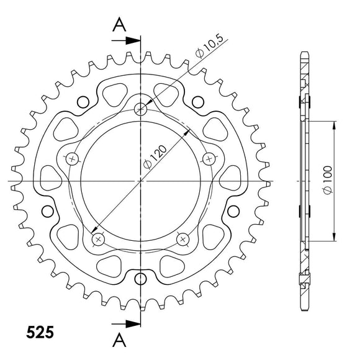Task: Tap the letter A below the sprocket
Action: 121,340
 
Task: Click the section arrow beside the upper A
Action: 128,40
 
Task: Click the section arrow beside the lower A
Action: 128,323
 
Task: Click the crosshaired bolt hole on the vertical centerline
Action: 142,109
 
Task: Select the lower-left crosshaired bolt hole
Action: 97,238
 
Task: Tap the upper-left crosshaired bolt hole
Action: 72,159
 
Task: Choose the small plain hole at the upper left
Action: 81,101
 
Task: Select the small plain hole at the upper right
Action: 199,101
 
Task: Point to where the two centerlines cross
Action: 142,181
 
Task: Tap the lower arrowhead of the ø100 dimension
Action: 335,238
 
